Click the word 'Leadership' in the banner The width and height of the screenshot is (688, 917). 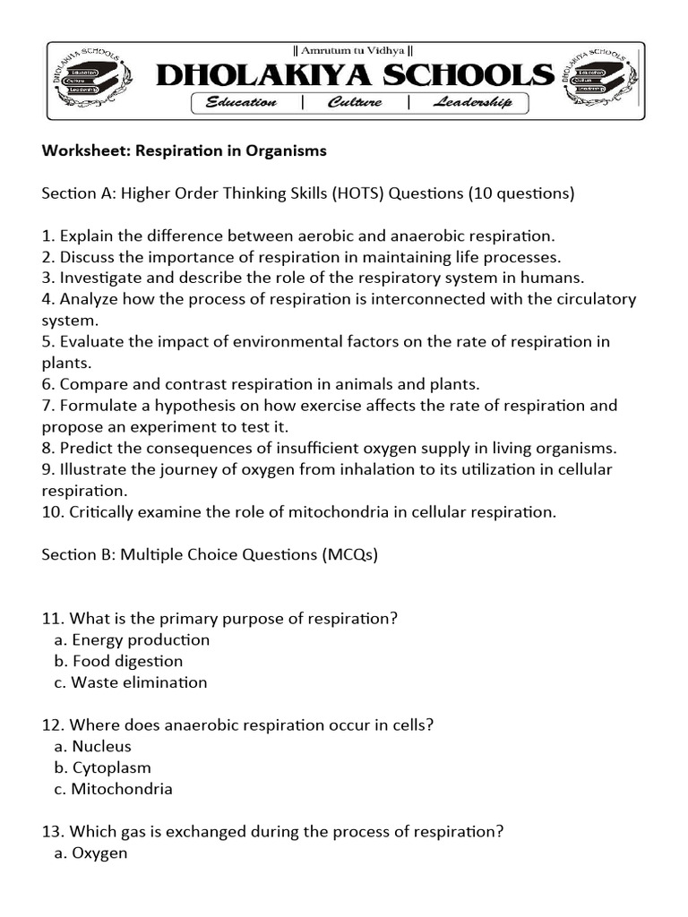[472, 103]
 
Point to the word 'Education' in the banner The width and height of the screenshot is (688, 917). [241, 103]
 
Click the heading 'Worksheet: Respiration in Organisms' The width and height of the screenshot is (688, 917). [185, 150]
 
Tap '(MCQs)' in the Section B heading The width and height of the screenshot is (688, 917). [349, 554]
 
